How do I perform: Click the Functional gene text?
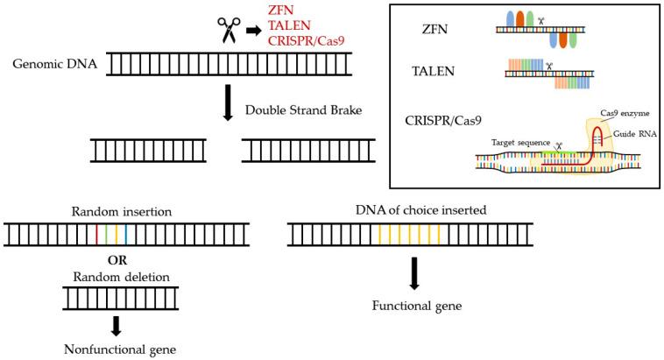tap(413, 307)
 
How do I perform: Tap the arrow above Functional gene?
tap(413, 273)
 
